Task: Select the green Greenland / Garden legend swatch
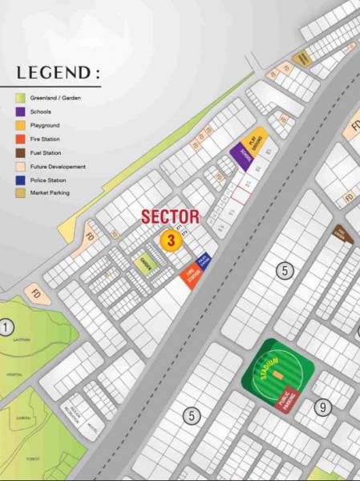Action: (x=20, y=99)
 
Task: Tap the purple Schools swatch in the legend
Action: (x=20, y=112)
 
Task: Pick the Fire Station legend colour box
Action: (x=20, y=139)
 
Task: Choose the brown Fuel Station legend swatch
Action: (x=20, y=153)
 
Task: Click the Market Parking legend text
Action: (x=51, y=193)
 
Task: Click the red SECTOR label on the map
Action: (x=170, y=216)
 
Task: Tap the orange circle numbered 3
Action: (x=170, y=239)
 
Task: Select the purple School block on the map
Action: (x=241, y=157)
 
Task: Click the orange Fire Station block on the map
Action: (x=190, y=276)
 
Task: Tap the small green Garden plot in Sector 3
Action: (x=145, y=264)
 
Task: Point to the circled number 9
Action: (x=322, y=407)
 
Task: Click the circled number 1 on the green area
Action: (x=7, y=327)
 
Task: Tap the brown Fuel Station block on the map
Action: (x=343, y=235)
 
